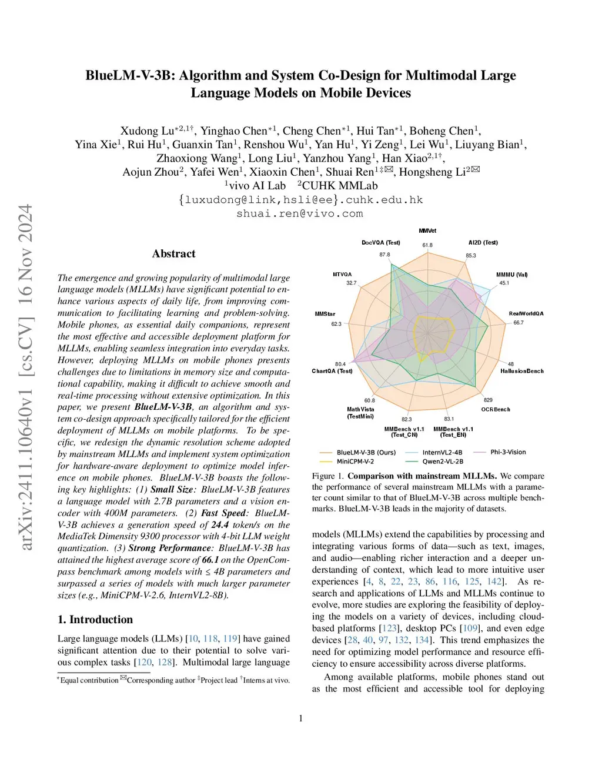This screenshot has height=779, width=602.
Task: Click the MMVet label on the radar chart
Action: pyautogui.click(x=427, y=231)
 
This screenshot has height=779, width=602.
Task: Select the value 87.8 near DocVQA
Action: pyautogui.click(x=384, y=255)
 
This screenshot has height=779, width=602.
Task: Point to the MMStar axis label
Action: pyautogui.click(x=325, y=314)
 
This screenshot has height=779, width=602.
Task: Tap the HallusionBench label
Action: pyautogui.click(x=521, y=371)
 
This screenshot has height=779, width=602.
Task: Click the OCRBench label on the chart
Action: pyautogui.click(x=496, y=409)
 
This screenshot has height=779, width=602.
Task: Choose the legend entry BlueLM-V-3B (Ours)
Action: pyautogui.click(x=366, y=452)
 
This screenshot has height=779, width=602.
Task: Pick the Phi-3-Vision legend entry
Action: pyautogui.click(x=508, y=452)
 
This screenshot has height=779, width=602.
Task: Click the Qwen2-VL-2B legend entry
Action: pyautogui.click(x=442, y=462)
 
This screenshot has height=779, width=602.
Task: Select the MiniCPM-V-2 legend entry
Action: pyautogui.click(x=355, y=462)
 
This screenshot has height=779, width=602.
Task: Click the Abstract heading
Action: pyautogui.click(x=173, y=254)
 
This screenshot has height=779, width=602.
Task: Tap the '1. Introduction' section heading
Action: pyautogui.click(x=95, y=619)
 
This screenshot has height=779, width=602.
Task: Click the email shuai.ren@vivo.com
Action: pyautogui.click(x=300, y=213)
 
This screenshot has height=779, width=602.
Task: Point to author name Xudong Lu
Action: pyautogui.click(x=147, y=131)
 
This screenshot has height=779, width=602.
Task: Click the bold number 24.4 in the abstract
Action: pyautogui.click(x=220, y=524)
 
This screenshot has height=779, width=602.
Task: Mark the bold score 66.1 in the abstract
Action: pyautogui.click(x=210, y=560)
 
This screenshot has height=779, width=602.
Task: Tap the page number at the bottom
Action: pyautogui.click(x=301, y=718)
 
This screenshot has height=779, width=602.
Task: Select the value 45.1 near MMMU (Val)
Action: pyautogui.click(x=504, y=283)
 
